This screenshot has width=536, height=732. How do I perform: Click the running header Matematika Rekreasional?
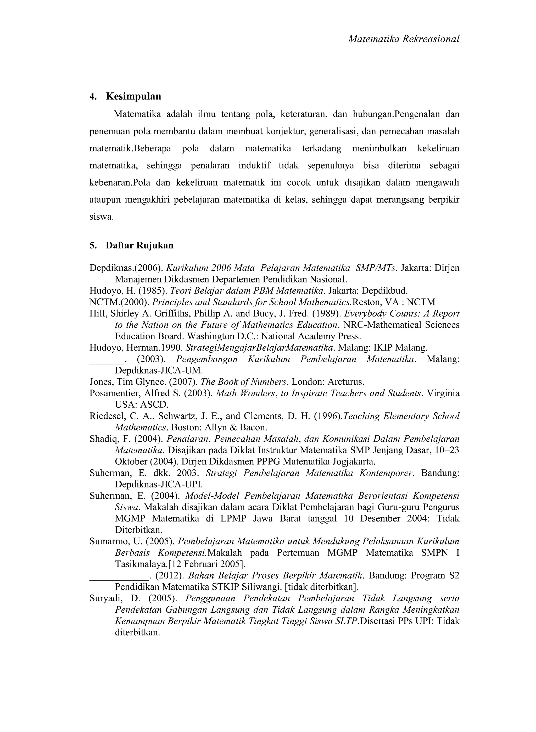pyautogui.click(x=404, y=39)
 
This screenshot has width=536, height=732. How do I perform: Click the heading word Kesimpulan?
pyautogui.click(x=133, y=96)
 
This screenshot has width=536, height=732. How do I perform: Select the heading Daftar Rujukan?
pyautogui.click(x=139, y=245)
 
